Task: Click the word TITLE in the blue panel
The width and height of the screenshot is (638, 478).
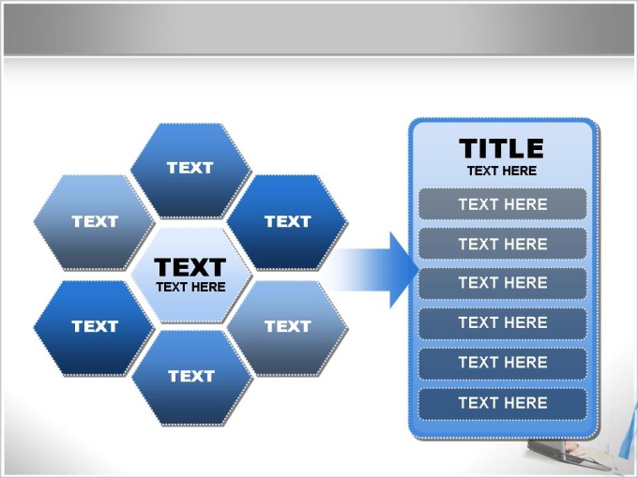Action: click(x=501, y=148)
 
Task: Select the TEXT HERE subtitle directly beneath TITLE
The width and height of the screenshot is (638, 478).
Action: click(x=502, y=172)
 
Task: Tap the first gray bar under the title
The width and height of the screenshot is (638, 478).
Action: click(x=503, y=204)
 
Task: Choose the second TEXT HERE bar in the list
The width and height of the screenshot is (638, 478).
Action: click(x=503, y=244)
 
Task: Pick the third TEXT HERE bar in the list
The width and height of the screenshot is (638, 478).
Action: click(x=503, y=283)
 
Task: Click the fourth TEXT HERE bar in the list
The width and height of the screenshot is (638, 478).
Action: click(x=503, y=322)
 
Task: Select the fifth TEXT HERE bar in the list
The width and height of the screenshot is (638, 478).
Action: click(x=503, y=363)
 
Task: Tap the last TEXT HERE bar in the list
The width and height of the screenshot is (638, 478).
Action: click(x=503, y=403)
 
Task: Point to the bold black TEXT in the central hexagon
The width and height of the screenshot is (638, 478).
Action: click(x=190, y=267)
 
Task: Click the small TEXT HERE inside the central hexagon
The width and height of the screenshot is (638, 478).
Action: click(x=190, y=287)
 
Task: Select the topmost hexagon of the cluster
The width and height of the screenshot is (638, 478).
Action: click(x=190, y=170)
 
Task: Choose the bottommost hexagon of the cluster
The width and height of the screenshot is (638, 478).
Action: click(x=192, y=378)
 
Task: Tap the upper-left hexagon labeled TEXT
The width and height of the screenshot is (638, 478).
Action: click(x=95, y=222)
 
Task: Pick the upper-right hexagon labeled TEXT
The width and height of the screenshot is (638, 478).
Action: click(x=287, y=222)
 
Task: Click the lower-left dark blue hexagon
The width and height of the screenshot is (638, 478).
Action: click(x=95, y=328)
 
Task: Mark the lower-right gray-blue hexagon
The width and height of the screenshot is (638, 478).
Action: click(x=287, y=328)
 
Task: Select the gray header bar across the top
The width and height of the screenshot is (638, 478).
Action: click(x=313, y=28)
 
